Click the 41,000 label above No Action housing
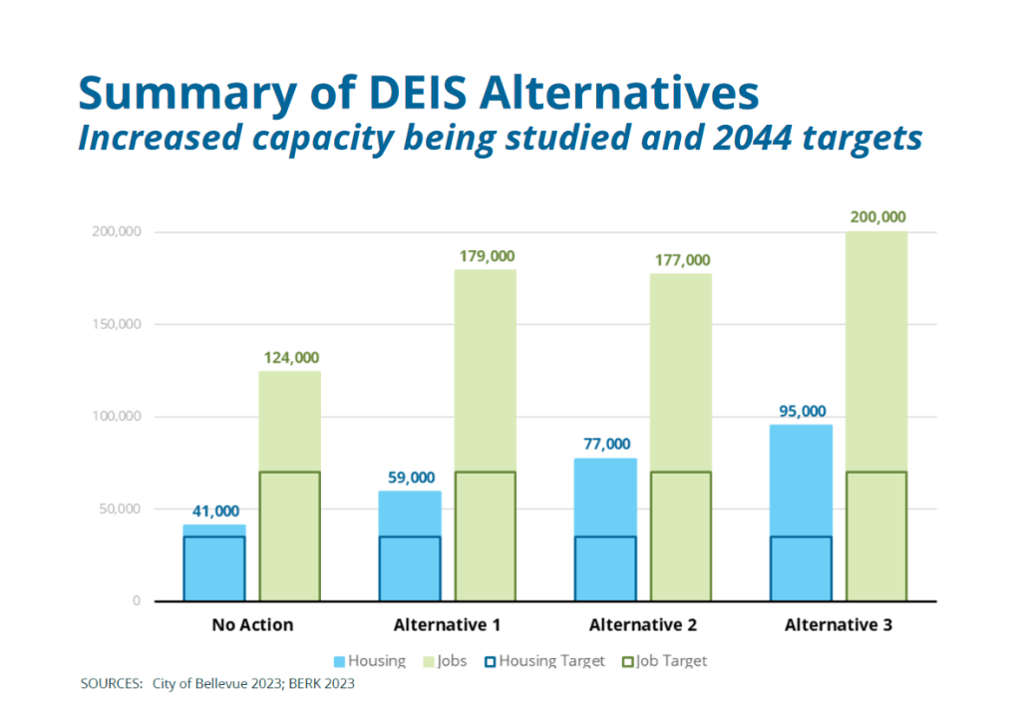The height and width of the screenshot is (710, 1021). click(x=214, y=511)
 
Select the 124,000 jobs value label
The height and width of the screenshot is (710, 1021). click(x=289, y=357)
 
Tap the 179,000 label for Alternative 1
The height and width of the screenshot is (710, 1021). click(x=486, y=256)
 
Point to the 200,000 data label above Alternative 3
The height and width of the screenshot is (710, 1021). click(x=876, y=217)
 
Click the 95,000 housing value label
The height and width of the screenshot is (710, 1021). click(x=801, y=411)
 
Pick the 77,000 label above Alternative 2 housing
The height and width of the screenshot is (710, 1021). click(x=605, y=444)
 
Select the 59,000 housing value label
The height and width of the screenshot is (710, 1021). click(x=410, y=477)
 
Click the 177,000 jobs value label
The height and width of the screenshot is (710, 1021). click(x=681, y=260)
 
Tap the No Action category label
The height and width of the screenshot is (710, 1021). click(x=252, y=625)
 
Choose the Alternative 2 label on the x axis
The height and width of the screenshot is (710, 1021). click(x=643, y=625)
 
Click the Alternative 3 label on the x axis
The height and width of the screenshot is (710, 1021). click(x=839, y=625)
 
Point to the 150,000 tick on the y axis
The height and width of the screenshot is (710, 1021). click(x=119, y=324)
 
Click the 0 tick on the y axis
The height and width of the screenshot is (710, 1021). click(x=136, y=601)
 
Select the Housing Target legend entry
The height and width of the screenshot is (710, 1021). click(x=543, y=660)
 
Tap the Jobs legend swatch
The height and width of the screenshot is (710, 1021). click(x=431, y=660)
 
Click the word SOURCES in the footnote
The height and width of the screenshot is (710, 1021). click(x=112, y=685)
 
